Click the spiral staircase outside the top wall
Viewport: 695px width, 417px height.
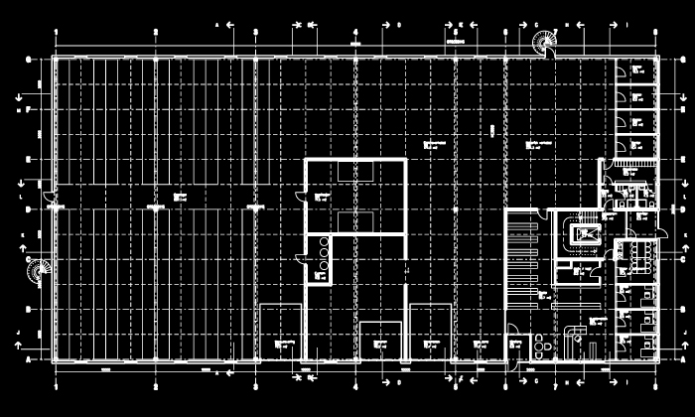544,43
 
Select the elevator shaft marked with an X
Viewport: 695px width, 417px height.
583,234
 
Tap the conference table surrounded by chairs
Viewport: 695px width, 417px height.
633,254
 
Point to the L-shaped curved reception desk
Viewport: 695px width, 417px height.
575,338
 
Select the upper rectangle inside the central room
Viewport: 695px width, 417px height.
354,172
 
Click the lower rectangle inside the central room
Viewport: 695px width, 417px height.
354,220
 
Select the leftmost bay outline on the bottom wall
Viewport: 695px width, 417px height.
281,332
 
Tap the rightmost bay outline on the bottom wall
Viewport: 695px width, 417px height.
432,332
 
